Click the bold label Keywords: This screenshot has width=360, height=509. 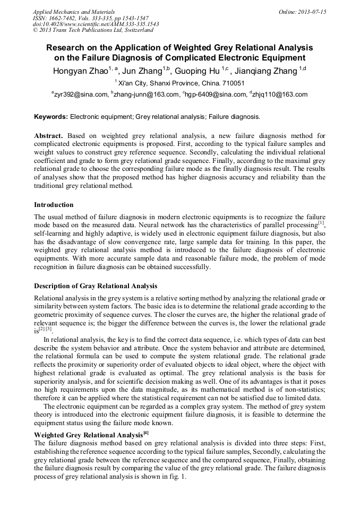click(51, 116)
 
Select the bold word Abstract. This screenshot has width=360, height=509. click(49, 136)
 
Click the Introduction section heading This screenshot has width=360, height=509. click(54, 204)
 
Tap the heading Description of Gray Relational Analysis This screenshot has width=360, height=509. click(96, 286)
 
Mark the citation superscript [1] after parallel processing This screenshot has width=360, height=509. click(321, 222)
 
